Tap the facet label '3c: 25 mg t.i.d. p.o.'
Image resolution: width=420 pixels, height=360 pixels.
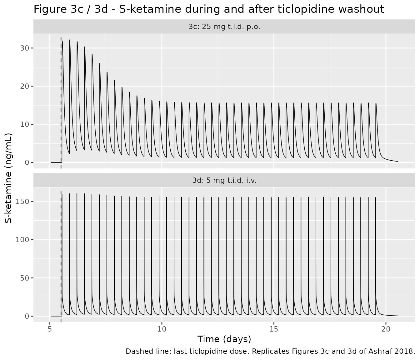click(x=224, y=27)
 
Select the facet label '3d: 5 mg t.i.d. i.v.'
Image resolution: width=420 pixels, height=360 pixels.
click(x=224, y=180)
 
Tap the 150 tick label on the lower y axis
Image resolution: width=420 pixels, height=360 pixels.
click(x=22, y=202)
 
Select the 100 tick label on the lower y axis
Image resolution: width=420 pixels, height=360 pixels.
click(x=22, y=240)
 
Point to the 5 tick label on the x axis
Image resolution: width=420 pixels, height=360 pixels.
click(x=50, y=329)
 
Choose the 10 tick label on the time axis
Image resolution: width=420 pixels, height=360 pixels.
click(x=162, y=329)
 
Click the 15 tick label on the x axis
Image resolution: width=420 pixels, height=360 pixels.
click(x=274, y=329)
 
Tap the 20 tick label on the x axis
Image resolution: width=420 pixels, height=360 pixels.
click(x=386, y=329)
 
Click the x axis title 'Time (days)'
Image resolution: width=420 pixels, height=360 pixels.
click(x=224, y=339)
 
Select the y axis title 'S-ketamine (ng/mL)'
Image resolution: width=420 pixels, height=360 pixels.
click(x=8, y=178)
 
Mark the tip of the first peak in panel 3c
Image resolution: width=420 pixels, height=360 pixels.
click(x=62, y=41)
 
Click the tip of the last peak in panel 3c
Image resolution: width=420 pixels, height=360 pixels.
click(x=376, y=103)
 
